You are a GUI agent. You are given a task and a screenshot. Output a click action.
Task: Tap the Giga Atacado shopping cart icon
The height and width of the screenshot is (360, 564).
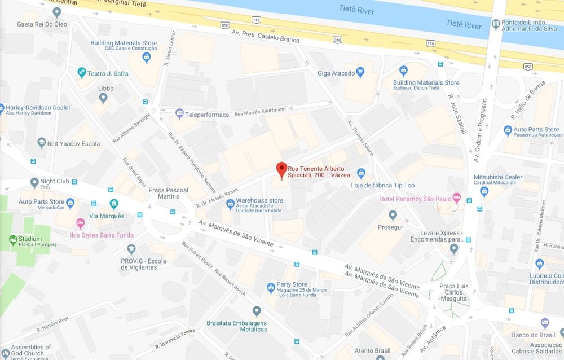(361, 72)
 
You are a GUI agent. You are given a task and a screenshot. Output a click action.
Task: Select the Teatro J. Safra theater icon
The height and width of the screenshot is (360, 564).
(82, 73)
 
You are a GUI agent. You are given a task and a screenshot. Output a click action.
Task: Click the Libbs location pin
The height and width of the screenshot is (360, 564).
(103, 98)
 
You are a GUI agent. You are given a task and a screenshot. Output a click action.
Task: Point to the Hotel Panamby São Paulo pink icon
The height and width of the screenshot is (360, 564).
(456, 199)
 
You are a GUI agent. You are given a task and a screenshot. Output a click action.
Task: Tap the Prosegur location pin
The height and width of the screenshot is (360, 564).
(393, 214)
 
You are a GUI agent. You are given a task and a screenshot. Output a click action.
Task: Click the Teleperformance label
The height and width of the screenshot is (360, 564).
(207, 115)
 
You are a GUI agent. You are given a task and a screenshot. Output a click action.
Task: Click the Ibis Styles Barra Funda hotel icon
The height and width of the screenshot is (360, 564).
(80, 223)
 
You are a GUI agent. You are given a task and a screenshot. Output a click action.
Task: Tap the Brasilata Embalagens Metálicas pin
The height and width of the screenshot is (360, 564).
(257, 310)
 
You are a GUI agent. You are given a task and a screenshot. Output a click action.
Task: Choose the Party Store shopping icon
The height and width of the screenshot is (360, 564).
(271, 288)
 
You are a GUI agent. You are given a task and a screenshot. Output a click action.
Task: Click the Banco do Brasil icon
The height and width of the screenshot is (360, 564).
(545, 323)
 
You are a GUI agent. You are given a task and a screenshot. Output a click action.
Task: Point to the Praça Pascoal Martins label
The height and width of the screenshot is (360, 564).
(168, 193)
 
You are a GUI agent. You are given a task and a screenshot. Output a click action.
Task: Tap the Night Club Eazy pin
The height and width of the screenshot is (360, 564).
(34, 182)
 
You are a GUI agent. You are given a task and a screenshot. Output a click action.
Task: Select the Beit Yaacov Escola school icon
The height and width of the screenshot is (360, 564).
(42, 143)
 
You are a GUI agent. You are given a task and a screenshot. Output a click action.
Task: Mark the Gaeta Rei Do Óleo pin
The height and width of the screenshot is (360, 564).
(56, 12)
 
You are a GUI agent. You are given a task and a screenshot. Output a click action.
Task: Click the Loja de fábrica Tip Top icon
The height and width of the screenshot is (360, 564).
(362, 173)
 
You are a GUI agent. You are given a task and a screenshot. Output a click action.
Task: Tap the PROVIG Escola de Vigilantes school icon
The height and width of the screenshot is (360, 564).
(131, 249)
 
